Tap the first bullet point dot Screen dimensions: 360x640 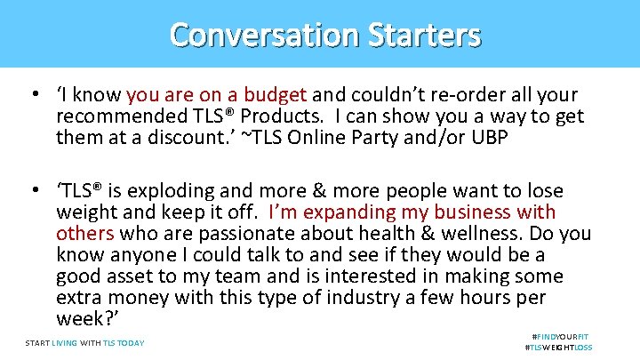coord(32,95)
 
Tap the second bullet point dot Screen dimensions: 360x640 coord(32,191)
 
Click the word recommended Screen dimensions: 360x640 coord(120,116)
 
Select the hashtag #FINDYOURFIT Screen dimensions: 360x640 coord(561,337)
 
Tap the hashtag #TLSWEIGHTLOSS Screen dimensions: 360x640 coord(559,348)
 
